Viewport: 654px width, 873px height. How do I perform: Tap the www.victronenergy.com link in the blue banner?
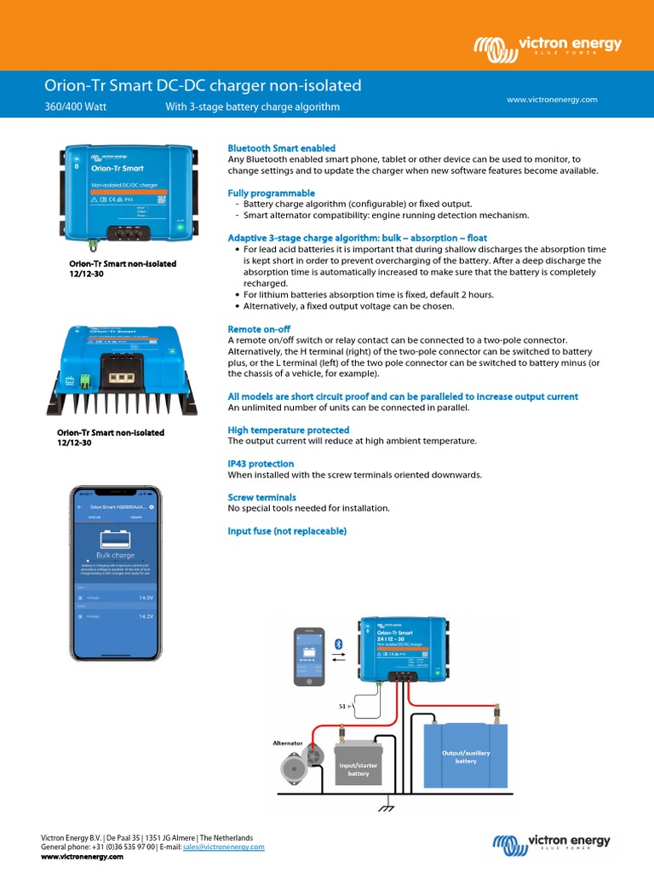pyautogui.click(x=552, y=100)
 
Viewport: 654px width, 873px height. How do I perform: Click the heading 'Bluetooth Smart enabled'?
pyautogui.click(x=281, y=148)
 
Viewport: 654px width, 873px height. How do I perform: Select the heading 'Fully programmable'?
pyautogui.click(x=271, y=194)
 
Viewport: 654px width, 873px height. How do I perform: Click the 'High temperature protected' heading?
pyautogui.click(x=289, y=431)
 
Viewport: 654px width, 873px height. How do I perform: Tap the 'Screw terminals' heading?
pyautogui.click(x=261, y=497)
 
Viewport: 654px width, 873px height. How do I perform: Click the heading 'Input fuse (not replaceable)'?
pyautogui.click(x=287, y=531)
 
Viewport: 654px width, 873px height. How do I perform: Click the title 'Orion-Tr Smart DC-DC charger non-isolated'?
pyautogui.click(x=203, y=85)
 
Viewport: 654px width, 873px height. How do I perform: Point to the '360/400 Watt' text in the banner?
pyautogui.click(x=76, y=107)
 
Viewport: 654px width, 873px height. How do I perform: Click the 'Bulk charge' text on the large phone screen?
pyautogui.click(x=115, y=555)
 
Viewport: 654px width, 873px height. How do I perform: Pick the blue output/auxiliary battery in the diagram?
pyautogui.click(x=465, y=756)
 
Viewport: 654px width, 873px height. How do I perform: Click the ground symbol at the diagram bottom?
pyautogui.click(x=388, y=806)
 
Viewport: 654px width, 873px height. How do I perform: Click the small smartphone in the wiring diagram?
pyautogui.click(x=309, y=656)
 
